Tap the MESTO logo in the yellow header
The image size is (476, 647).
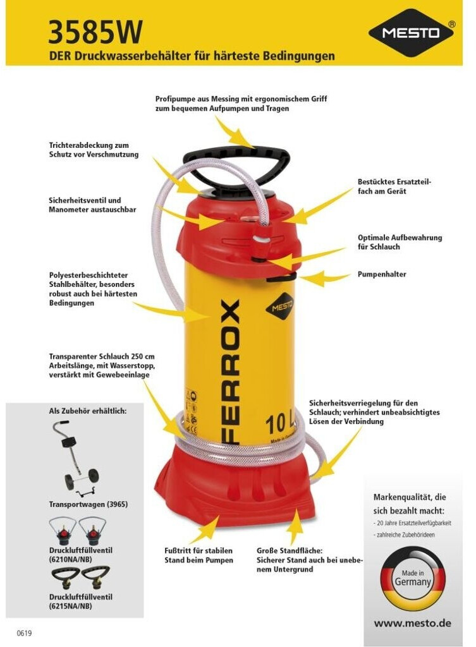tap(412, 32)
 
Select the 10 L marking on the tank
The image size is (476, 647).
tap(279, 424)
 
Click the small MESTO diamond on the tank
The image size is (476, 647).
tap(281, 306)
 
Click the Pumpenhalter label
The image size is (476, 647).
tap(382, 274)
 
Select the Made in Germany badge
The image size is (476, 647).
tap(412, 578)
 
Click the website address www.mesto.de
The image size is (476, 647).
tap(412, 623)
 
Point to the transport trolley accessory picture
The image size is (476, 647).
tap(76, 459)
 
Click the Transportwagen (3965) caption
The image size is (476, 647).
tap(88, 504)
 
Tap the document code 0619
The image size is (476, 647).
tap(24, 633)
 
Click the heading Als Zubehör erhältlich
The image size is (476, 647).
tap(87, 411)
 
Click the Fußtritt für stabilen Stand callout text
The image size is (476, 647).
tap(198, 555)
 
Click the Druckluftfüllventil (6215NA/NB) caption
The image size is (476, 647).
tap(80, 602)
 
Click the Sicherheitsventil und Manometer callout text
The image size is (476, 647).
tap(92, 205)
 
